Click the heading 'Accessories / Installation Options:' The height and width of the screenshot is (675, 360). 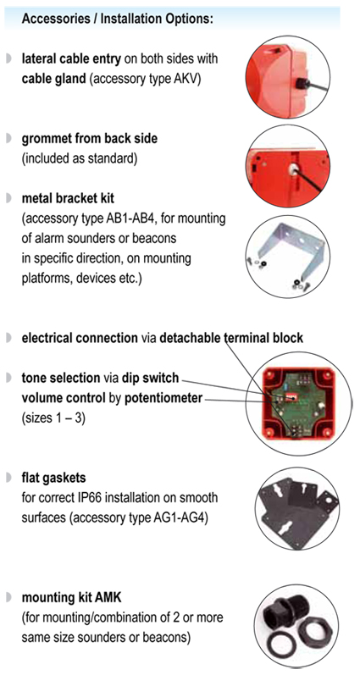(117, 19)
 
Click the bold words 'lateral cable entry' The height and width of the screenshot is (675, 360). (71, 59)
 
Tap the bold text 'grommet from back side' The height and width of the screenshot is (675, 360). (89, 139)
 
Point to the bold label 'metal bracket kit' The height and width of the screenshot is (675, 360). (68, 198)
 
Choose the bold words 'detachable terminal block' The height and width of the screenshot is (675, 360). (231, 338)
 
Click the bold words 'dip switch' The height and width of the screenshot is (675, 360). (150, 378)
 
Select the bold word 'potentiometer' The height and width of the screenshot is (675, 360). (163, 399)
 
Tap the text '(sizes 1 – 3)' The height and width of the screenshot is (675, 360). (53, 418)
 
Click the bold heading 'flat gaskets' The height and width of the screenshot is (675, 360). (54, 478)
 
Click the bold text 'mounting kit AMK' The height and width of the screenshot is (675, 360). (71, 598)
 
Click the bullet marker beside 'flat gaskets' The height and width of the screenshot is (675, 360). (8, 478)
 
